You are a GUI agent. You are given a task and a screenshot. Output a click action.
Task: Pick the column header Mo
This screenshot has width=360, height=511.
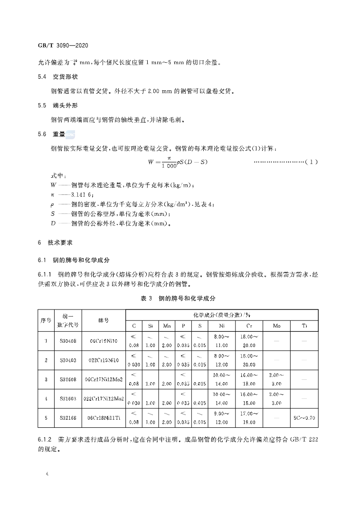click(276, 326)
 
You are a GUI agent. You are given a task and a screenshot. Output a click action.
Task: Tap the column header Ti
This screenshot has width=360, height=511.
click(304, 326)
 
